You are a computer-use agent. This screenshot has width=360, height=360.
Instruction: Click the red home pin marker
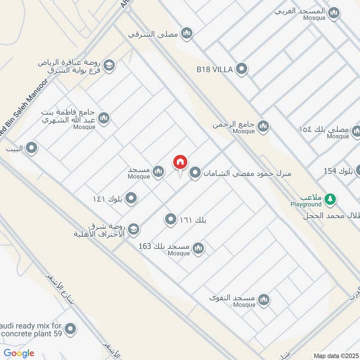pos(180,162)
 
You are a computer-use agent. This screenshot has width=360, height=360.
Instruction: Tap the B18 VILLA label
pos(214,69)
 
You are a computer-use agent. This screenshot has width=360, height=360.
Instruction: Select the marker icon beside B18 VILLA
pos(242,69)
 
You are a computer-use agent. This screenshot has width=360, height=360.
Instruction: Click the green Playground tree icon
pos(330,198)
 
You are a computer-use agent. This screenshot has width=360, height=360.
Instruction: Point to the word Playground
pos(306,204)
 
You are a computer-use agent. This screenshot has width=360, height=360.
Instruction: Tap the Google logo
pos(19,353)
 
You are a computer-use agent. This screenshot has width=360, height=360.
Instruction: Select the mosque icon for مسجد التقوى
pos(264,299)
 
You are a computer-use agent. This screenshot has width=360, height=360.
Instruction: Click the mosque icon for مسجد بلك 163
pos(198,248)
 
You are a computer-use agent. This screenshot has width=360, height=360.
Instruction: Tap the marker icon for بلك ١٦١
pos(171,220)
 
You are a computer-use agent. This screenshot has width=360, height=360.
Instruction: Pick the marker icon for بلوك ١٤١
pos(131,198)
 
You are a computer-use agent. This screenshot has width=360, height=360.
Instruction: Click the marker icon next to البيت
pos(31,147)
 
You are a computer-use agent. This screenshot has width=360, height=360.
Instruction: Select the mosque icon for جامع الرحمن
pos(264,126)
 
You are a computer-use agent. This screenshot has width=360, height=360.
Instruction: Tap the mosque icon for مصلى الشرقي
pos(187,33)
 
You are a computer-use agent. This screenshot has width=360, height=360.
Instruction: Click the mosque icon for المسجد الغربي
pos(333,13)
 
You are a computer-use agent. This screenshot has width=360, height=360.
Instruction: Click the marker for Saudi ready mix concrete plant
pos(70,329)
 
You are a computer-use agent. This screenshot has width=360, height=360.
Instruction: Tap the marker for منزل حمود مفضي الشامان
pos(195,173)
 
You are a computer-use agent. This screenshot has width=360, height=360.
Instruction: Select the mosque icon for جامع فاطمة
pos(104,118)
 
